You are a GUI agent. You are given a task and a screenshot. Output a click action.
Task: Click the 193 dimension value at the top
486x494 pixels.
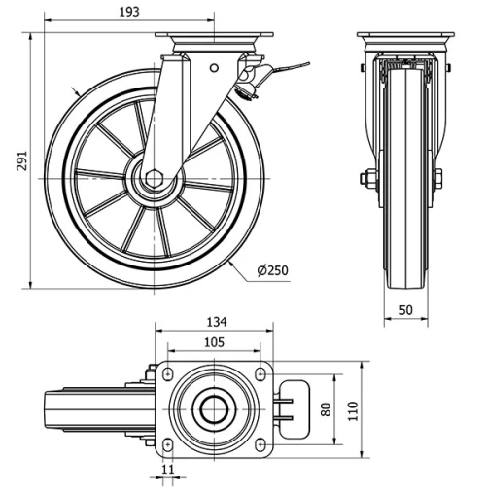tap(129, 12)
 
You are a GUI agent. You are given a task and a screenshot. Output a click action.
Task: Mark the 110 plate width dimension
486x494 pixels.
tap(355, 408)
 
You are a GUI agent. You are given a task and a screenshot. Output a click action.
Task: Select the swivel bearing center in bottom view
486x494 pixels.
tap(214, 408)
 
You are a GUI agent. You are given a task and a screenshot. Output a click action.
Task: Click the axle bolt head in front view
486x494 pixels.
tap(369, 178)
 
